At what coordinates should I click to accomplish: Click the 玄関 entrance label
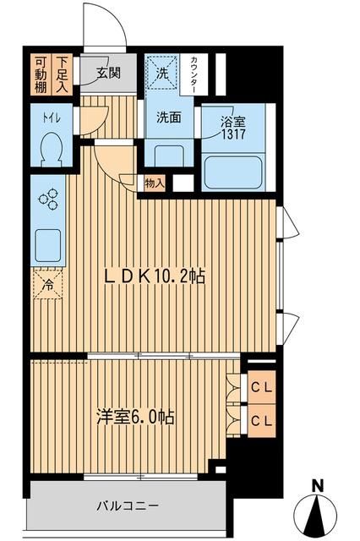(108, 73)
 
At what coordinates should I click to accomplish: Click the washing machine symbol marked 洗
(162, 72)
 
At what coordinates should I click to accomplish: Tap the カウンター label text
(195, 75)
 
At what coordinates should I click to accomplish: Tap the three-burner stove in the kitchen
(49, 199)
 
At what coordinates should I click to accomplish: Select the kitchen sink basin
(49, 243)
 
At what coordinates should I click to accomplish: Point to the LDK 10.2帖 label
(154, 276)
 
